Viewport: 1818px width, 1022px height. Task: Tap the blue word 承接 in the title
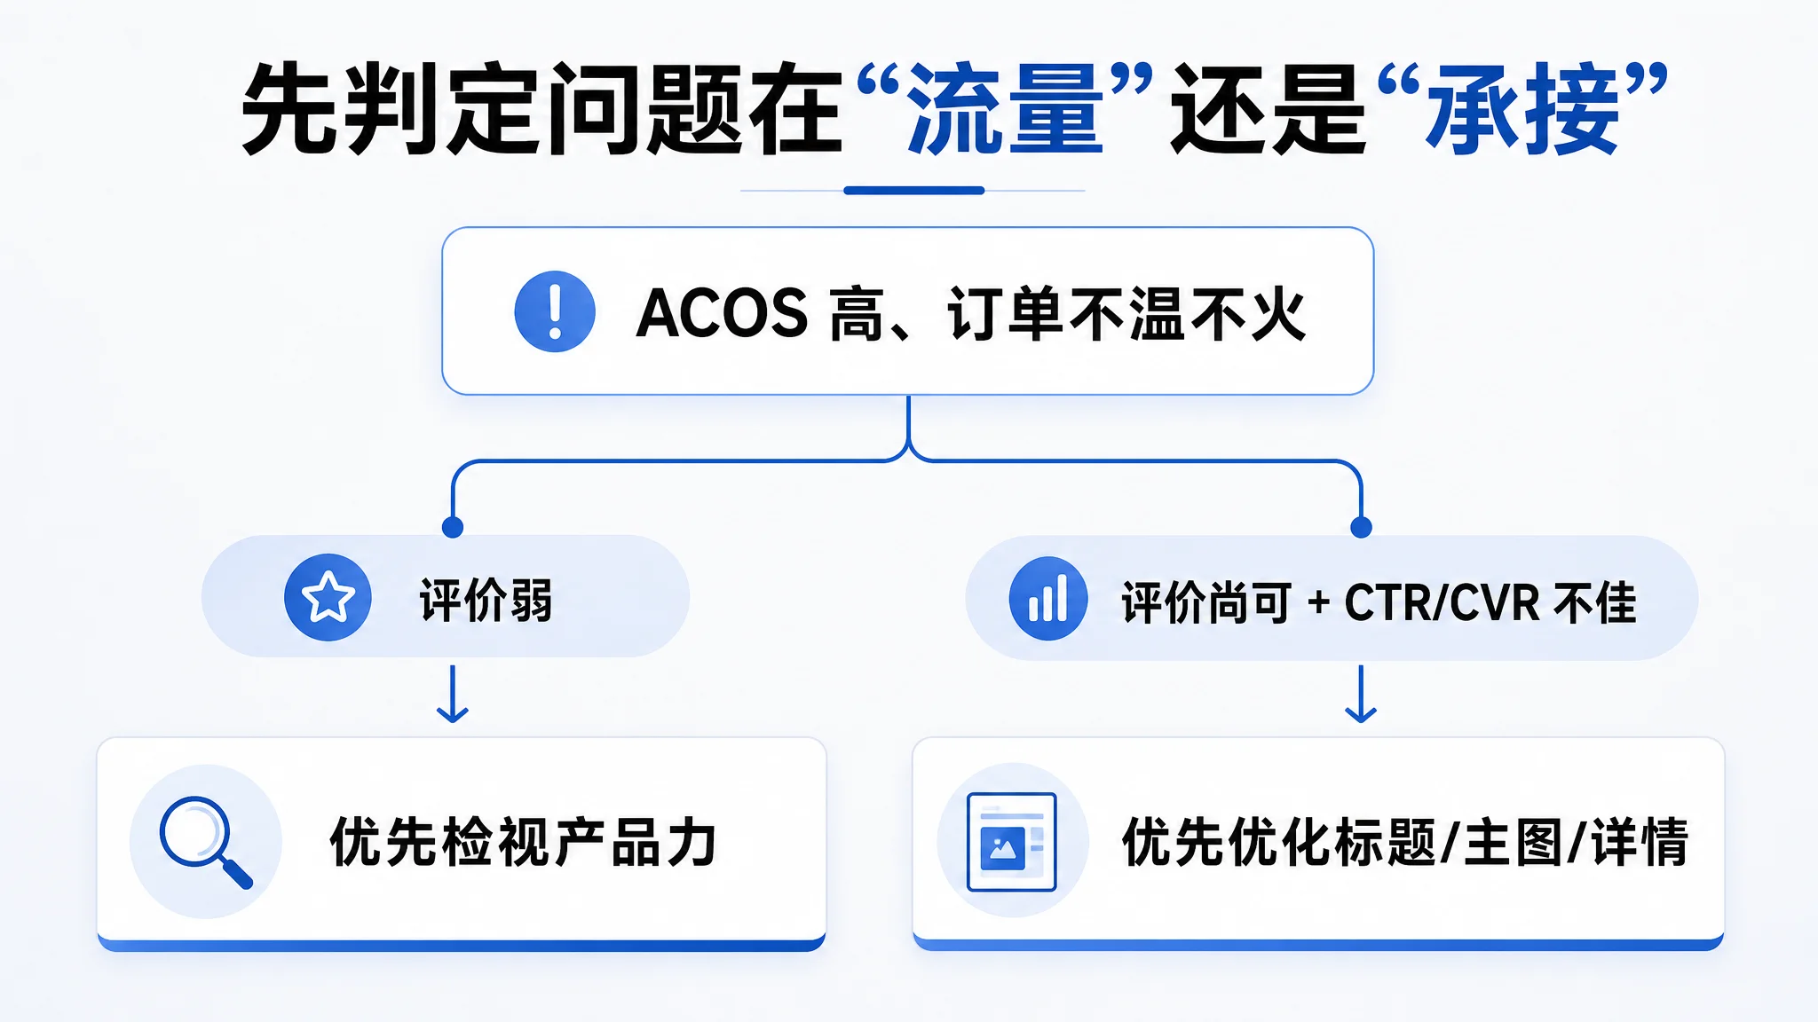click(x=1522, y=109)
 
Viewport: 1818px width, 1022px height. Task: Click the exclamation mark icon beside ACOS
click(x=555, y=311)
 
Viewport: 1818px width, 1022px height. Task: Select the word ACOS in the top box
click(x=722, y=313)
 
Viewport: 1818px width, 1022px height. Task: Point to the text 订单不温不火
click(x=1126, y=314)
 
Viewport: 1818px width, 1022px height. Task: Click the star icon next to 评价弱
click(x=328, y=597)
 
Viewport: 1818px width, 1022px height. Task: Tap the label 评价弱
click(x=486, y=600)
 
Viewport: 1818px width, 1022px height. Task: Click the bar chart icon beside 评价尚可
click(x=1048, y=598)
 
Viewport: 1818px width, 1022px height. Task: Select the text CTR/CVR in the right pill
click(x=1442, y=602)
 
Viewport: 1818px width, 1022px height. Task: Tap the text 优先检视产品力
click(x=523, y=841)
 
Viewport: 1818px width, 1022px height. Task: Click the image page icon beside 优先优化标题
click(x=1012, y=841)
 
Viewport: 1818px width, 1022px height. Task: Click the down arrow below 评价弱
click(x=453, y=694)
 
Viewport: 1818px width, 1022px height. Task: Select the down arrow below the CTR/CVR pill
click(x=1361, y=694)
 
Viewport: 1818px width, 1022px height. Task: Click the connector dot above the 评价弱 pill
click(x=453, y=528)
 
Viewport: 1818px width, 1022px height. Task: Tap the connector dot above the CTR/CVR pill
click(x=1361, y=528)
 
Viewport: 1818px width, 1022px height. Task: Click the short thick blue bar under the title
click(x=914, y=190)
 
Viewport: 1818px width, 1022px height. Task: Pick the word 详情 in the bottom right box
click(x=1639, y=841)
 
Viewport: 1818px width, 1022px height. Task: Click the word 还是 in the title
click(x=1269, y=109)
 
